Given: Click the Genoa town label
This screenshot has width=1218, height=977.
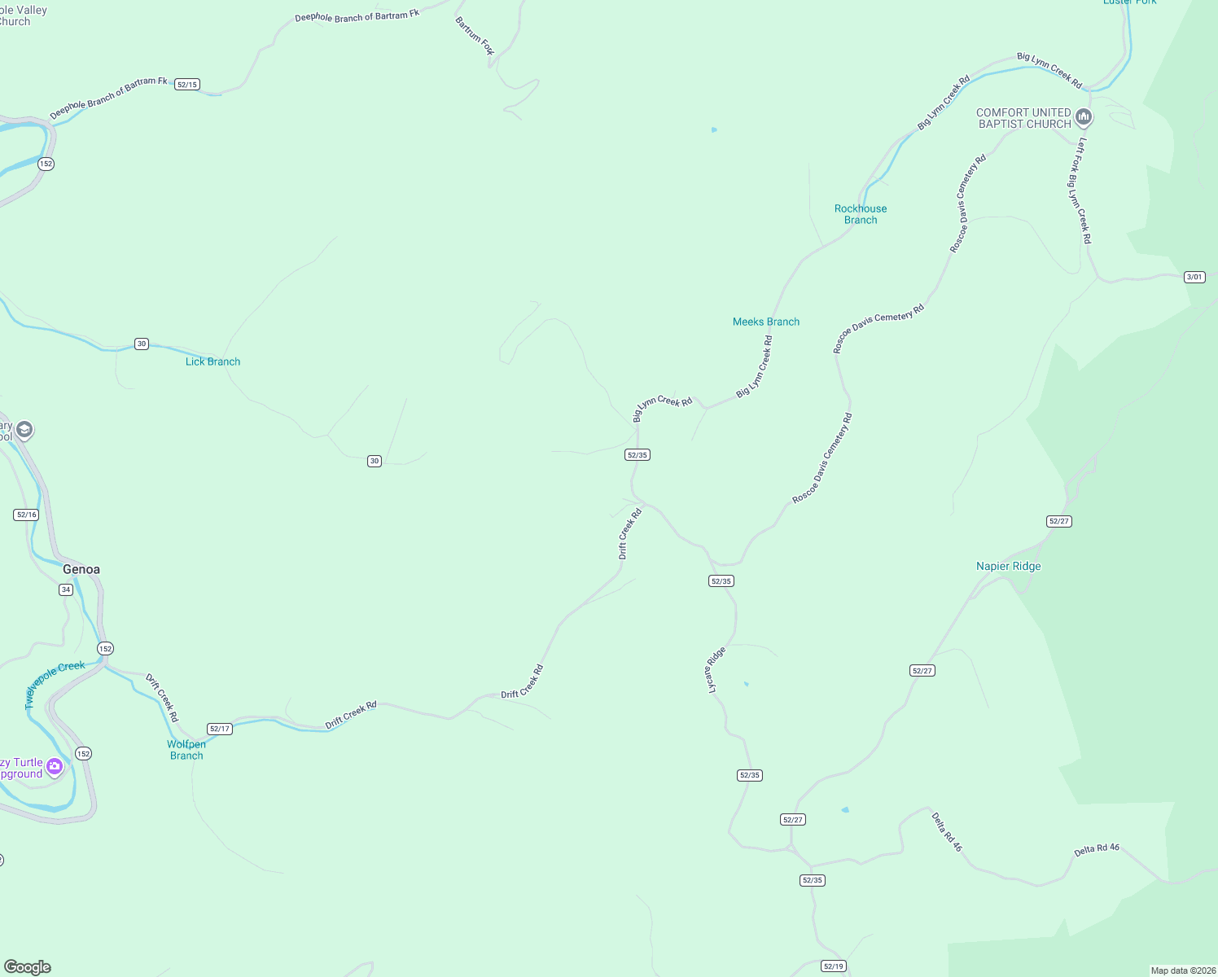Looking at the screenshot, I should point(81,569).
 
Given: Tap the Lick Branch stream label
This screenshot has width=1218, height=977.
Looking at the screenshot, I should point(212,361).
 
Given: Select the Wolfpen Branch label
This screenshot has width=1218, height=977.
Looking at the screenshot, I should point(186,750).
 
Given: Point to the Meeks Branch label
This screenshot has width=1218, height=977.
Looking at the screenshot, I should point(766,322).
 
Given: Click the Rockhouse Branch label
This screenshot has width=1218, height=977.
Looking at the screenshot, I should point(861,214).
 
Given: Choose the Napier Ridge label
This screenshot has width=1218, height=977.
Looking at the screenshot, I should point(1008,566).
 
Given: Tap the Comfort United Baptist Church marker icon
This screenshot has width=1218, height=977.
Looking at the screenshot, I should point(1083,117).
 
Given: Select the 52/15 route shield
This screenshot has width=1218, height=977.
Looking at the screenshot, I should point(187,85).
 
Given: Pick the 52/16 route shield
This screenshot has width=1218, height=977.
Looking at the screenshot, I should point(26,515).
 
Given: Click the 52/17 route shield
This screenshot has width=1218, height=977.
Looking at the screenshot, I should point(220,729).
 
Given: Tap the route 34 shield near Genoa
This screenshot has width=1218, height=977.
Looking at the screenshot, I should point(66,589).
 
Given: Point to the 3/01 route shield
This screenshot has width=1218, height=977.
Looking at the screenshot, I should point(1194,277).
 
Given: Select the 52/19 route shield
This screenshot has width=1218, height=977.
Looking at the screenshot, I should point(834,966).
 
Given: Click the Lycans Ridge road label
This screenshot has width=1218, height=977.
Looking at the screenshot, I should point(715,670).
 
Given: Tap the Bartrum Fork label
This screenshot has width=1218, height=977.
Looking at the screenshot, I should point(475,36).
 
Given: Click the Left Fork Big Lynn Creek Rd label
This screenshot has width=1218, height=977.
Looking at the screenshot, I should point(1080,191).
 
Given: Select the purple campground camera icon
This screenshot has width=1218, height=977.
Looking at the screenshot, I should point(55,766).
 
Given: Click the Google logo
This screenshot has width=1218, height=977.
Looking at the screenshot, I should point(28,967).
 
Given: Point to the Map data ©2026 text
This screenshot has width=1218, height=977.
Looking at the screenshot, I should point(1183,970).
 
